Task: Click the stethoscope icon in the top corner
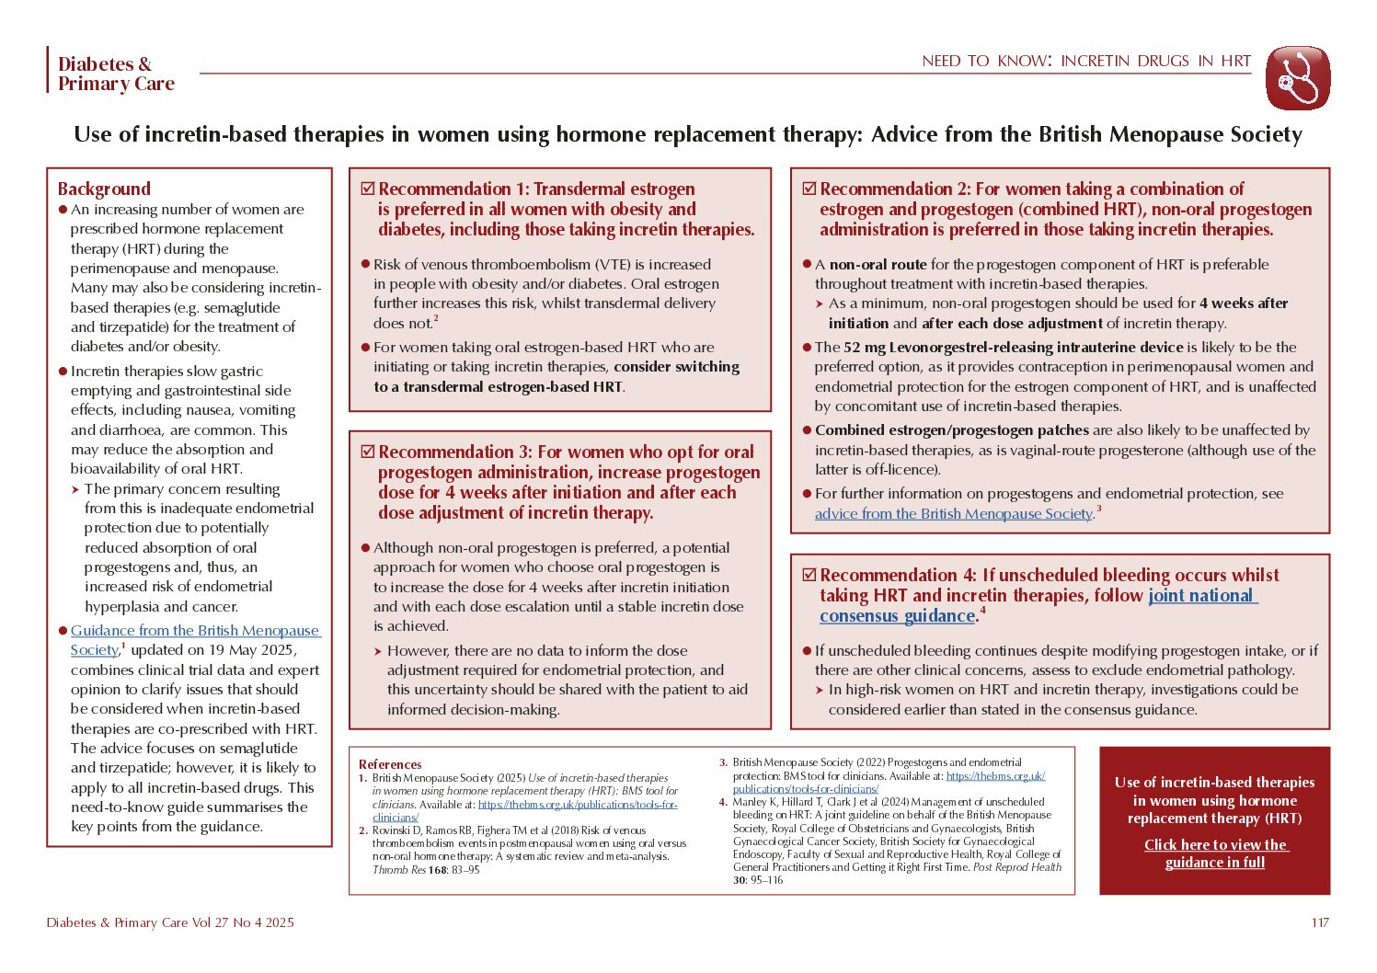[x=1297, y=78]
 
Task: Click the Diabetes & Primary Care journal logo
[x=116, y=74]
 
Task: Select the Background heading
[x=104, y=189]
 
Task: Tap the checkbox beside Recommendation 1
[x=368, y=189]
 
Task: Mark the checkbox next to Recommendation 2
[x=809, y=189]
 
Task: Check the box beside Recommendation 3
[x=368, y=452]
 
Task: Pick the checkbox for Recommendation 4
[x=809, y=575]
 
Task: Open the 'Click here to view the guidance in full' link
[x=1215, y=853]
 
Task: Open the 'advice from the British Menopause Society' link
[x=953, y=513]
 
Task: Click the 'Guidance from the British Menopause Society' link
[x=195, y=631]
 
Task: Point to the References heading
[x=390, y=764]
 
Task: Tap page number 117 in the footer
[x=1320, y=922]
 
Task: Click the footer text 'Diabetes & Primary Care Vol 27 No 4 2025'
[x=170, y=922]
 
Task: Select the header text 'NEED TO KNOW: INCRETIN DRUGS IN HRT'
[x=1086, y=62]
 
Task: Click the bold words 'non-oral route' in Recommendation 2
[x=878, y=264]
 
